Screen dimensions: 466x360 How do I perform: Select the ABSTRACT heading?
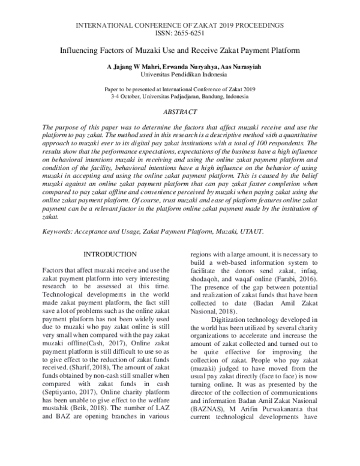[x=180, y=112]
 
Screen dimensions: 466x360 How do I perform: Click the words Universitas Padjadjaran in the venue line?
[x=169, y=96]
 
